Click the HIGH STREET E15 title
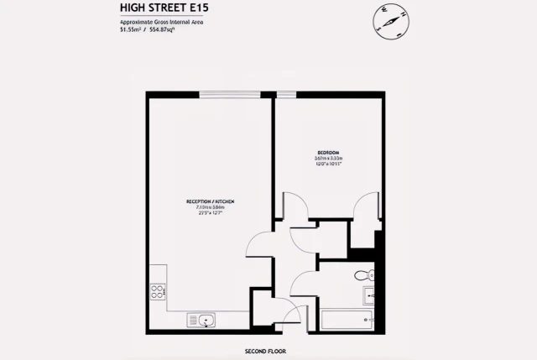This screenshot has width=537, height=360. point(163,9)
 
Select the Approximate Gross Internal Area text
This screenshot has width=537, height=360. point(163,23)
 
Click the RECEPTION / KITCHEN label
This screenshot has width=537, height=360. point(210,201)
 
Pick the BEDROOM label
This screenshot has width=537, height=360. point(328,152)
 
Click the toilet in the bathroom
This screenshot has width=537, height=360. point(362,275)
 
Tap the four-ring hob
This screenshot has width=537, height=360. point(157,292)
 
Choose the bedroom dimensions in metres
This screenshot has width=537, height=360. point(328,158)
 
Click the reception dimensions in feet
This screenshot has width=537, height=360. point(210,213)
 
